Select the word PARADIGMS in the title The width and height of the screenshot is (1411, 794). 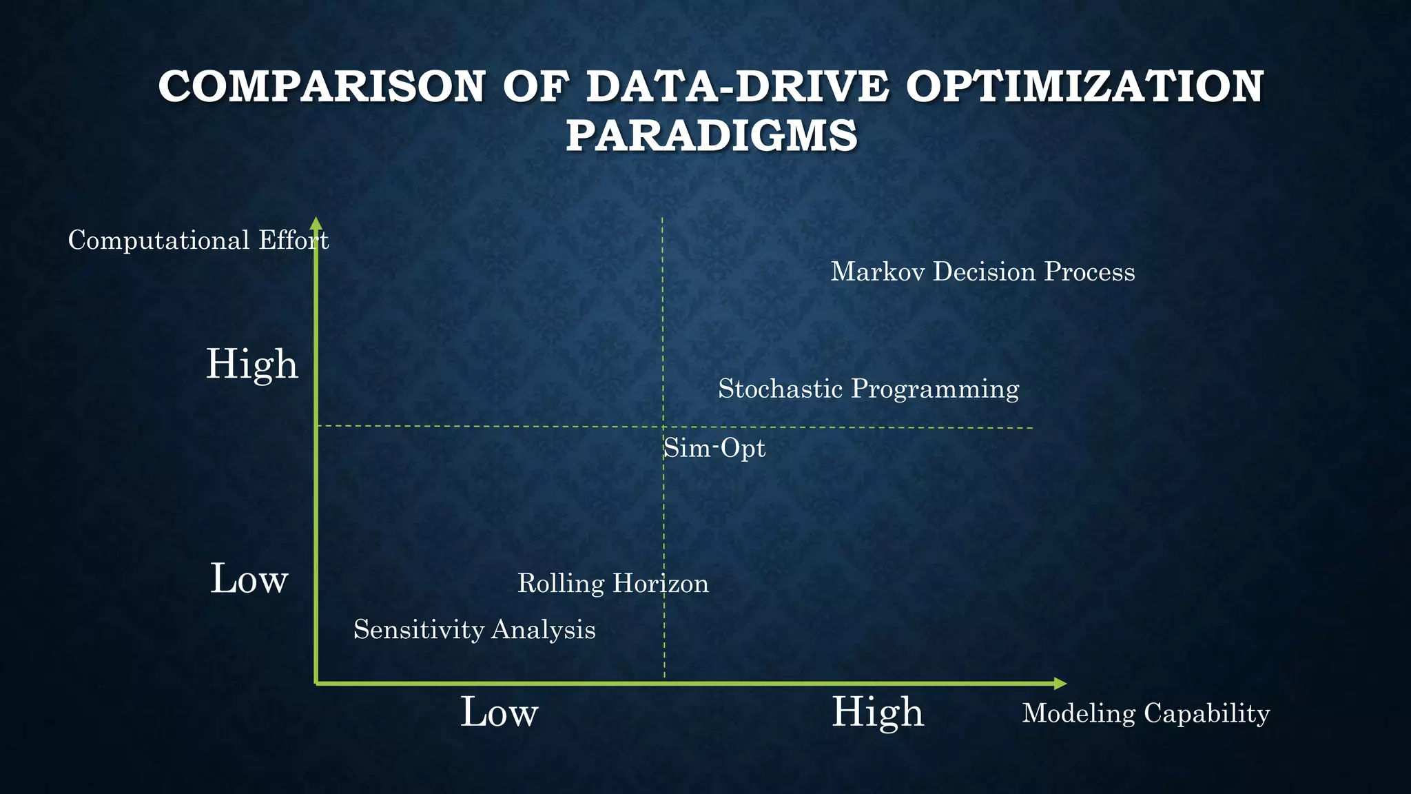[712, 135]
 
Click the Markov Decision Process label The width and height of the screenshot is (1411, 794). [982, 272]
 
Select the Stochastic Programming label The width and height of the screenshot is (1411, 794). [868, 389]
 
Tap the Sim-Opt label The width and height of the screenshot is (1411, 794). [714, 449]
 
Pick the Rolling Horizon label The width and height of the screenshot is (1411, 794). [612, 583]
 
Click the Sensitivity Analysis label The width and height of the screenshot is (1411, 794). [474, 629]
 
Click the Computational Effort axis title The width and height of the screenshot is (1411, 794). [198, 241]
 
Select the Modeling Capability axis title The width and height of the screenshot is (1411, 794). [1145, 713]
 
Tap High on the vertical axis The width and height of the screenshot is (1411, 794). [252, 364]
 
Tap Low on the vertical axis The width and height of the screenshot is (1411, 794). [249, 578]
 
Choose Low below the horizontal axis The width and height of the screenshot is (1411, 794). [499, 712]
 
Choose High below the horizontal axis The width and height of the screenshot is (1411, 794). [877, 712]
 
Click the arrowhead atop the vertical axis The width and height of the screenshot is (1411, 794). [316, 223]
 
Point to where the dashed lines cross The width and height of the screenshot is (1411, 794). [663, 427]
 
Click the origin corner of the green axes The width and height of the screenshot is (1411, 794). [316, 683]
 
